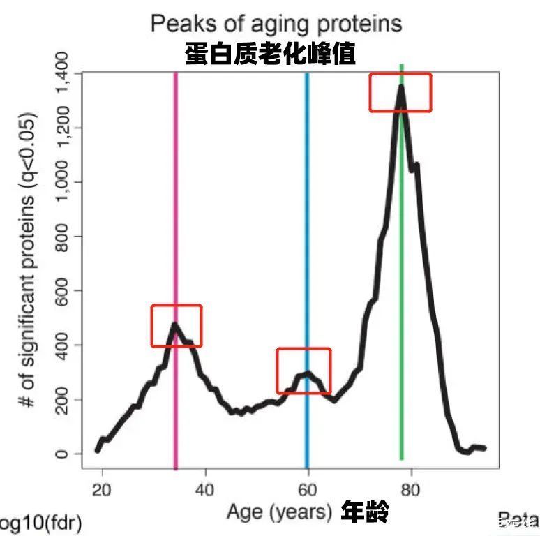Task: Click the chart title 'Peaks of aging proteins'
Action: (276, 24)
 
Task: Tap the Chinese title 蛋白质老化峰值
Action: (270, 53)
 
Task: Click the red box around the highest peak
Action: (400, 92)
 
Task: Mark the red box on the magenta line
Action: (177, 326)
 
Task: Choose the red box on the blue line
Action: (303, 371)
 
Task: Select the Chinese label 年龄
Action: (364, 512)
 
